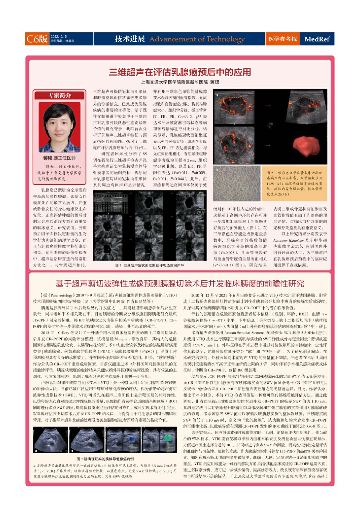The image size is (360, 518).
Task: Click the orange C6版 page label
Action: point(37,39)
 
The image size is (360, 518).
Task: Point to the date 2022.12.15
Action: point(59,37)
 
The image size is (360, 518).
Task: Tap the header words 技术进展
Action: point(130,39)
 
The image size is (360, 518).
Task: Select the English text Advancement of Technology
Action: point(197,39)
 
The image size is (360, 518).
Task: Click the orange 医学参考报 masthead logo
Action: point(282,39)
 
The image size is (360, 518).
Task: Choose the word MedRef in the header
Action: point(317,39)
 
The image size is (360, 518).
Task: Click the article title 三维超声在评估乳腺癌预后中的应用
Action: point(180,72)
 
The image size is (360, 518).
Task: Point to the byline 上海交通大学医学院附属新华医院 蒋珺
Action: point(180,82)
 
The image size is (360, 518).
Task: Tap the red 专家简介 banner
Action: point(60,96)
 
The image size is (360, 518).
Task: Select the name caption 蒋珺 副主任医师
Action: point(60,158)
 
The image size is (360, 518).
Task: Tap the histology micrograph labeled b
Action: point(237,184)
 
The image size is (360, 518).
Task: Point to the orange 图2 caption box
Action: point(294,184)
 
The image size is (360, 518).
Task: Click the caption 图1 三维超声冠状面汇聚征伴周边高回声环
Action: point(150,265)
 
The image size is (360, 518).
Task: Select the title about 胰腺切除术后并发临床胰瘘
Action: point(180,284)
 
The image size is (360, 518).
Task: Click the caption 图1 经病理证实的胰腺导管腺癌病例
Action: point(105,459)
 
